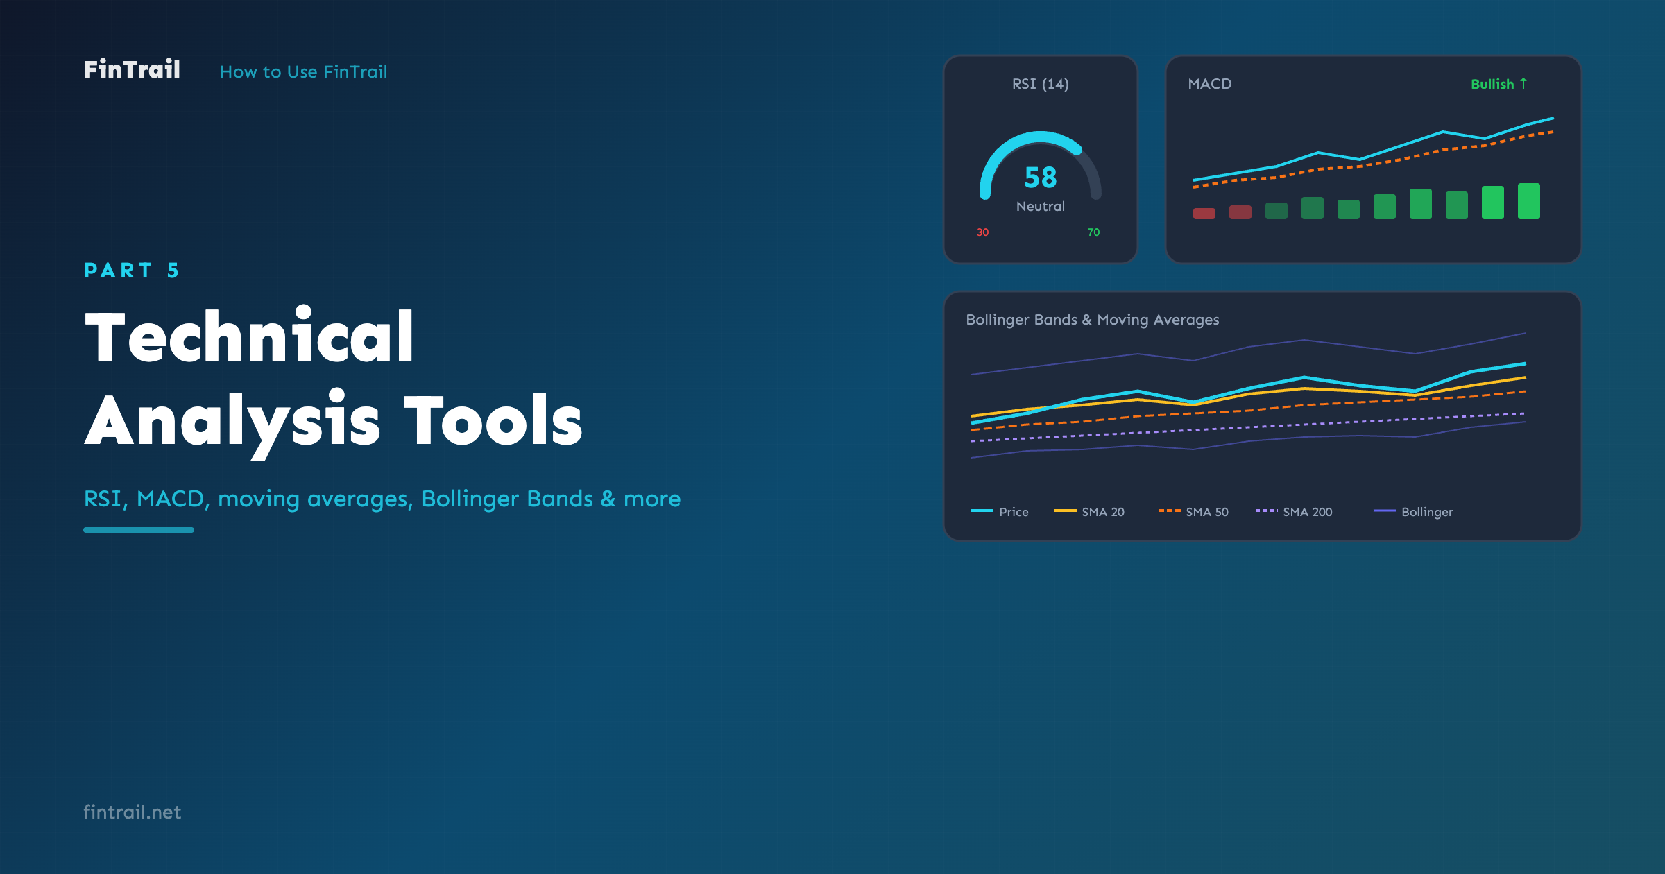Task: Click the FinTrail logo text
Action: click(132, 69)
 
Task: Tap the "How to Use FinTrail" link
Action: click(303, 71)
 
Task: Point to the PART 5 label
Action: click(132, 270)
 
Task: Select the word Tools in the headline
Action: click(493, 420)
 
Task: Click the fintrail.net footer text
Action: click(132, 812)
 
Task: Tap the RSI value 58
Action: click(1041, 178)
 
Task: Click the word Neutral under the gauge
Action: click(1041, 206)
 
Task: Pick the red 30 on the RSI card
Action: click(982, 232)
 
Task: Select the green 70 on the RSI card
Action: click(1093, 232)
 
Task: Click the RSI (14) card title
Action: click(1041, 84)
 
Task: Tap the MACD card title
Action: click(1210, 84)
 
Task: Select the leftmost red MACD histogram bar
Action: click(1204, 213)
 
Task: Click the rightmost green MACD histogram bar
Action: click(1529, 201)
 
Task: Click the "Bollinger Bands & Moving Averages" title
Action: click(1093, 320)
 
